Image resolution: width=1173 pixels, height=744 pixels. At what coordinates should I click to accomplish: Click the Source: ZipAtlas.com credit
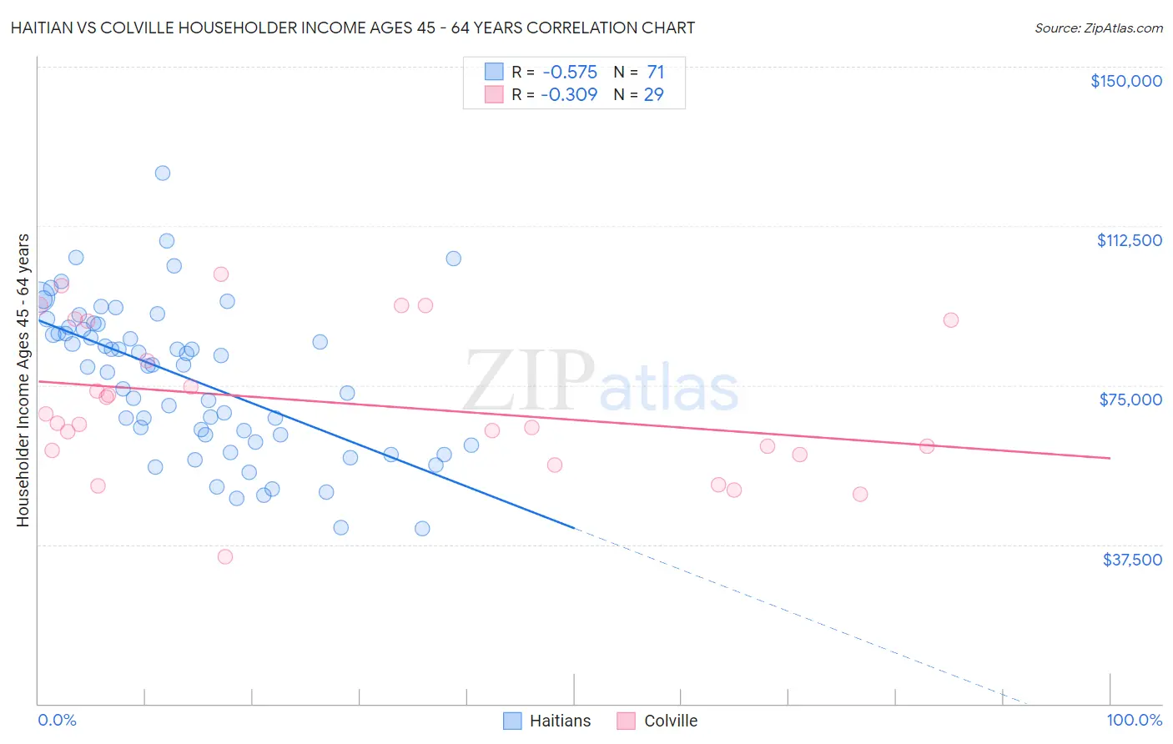click(1098, 28)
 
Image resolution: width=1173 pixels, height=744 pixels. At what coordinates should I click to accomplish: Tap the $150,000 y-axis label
click(1125, 81)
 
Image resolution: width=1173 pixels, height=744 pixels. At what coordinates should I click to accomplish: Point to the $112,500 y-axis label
click(1129, 240)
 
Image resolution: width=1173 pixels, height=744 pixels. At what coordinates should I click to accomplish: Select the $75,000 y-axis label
click(1130, 400)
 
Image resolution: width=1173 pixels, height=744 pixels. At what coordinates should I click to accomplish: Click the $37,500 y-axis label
click(1132, 560)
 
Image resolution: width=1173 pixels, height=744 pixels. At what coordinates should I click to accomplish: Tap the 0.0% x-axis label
click(57, 720)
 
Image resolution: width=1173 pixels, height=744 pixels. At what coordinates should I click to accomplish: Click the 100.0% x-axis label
click(1134, 720)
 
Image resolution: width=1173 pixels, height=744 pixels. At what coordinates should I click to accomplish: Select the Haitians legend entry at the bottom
click(547, 721)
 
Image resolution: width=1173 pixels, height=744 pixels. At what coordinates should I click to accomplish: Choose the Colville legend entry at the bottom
click(657, 721)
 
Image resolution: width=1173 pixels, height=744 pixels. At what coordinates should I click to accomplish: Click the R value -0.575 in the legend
click(569, 73)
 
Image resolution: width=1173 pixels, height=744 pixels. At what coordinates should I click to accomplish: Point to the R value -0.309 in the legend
click(569, 95)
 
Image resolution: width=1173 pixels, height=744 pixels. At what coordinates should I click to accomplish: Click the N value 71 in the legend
click(655, 73)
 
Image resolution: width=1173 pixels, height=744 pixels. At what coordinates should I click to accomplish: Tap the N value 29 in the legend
click(653, 95)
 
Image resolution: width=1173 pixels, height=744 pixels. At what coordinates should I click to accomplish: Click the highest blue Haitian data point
click(163, 173)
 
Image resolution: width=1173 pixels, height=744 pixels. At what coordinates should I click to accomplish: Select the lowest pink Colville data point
click(224, 556)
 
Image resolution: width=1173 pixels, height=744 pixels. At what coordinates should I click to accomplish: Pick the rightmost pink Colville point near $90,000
click(950, 320)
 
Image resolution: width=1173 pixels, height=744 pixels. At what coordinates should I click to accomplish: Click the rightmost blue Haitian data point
click(471, 445)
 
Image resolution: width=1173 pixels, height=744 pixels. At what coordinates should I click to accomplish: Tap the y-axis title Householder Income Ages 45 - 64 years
click(23, 380)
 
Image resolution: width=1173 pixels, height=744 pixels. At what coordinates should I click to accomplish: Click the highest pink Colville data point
click(221, 274)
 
